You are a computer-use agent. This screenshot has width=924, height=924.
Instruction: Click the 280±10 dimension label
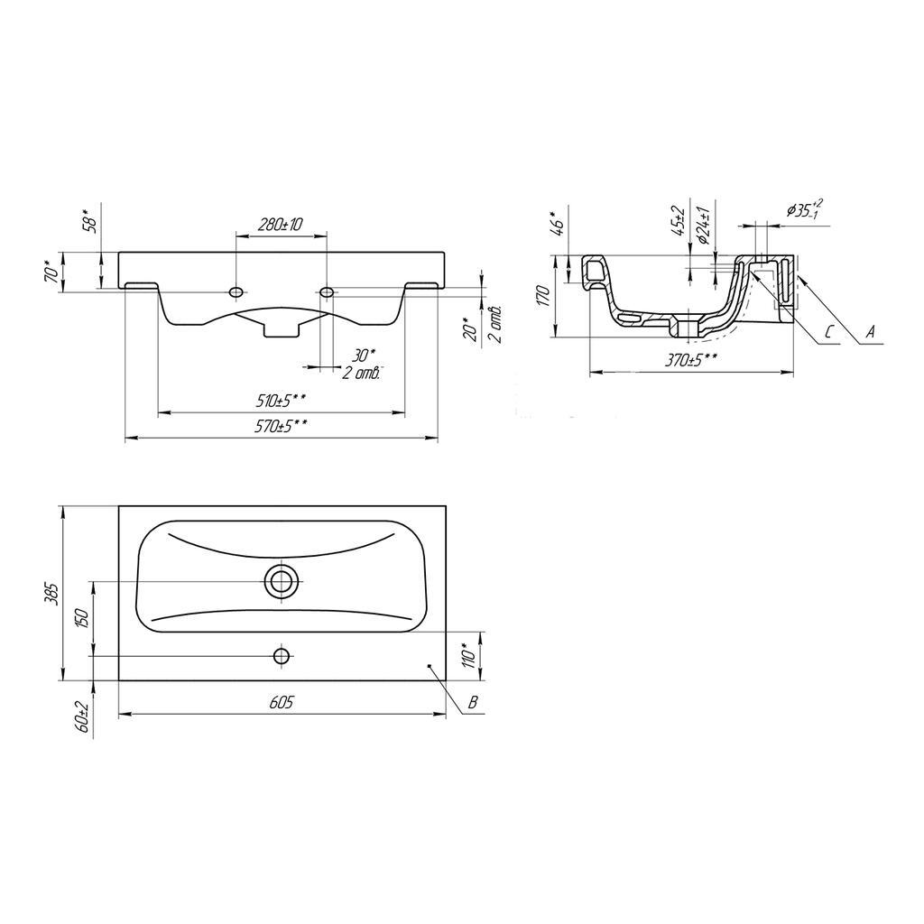(x=279, y=224)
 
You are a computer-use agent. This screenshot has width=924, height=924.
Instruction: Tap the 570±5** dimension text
(x=282, y=428)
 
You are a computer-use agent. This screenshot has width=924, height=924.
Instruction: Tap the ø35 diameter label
(x=803, y=208)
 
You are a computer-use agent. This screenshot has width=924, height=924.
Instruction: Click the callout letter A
(x=870, y=332)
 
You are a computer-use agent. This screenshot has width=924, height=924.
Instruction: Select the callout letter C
(x=827, y=332)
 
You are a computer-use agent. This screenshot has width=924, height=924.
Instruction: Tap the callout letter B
(x=471, y=702)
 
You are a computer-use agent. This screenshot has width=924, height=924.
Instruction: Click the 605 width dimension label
(x=282, y=704)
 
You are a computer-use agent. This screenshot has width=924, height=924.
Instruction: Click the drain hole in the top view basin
(x=282, y=581)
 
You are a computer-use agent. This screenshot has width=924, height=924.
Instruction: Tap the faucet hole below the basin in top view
(x=282, y=655)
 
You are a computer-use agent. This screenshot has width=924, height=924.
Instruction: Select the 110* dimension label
(x=467, y=654)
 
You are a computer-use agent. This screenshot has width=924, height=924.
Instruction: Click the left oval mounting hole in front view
(x=236, y=292)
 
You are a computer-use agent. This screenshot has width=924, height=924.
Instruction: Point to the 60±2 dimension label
(x=83, y=716)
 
